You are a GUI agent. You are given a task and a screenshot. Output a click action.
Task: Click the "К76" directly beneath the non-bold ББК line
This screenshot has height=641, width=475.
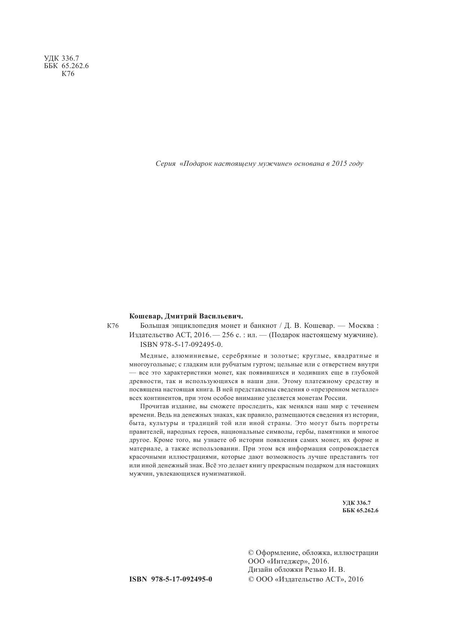tap(68, 74)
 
